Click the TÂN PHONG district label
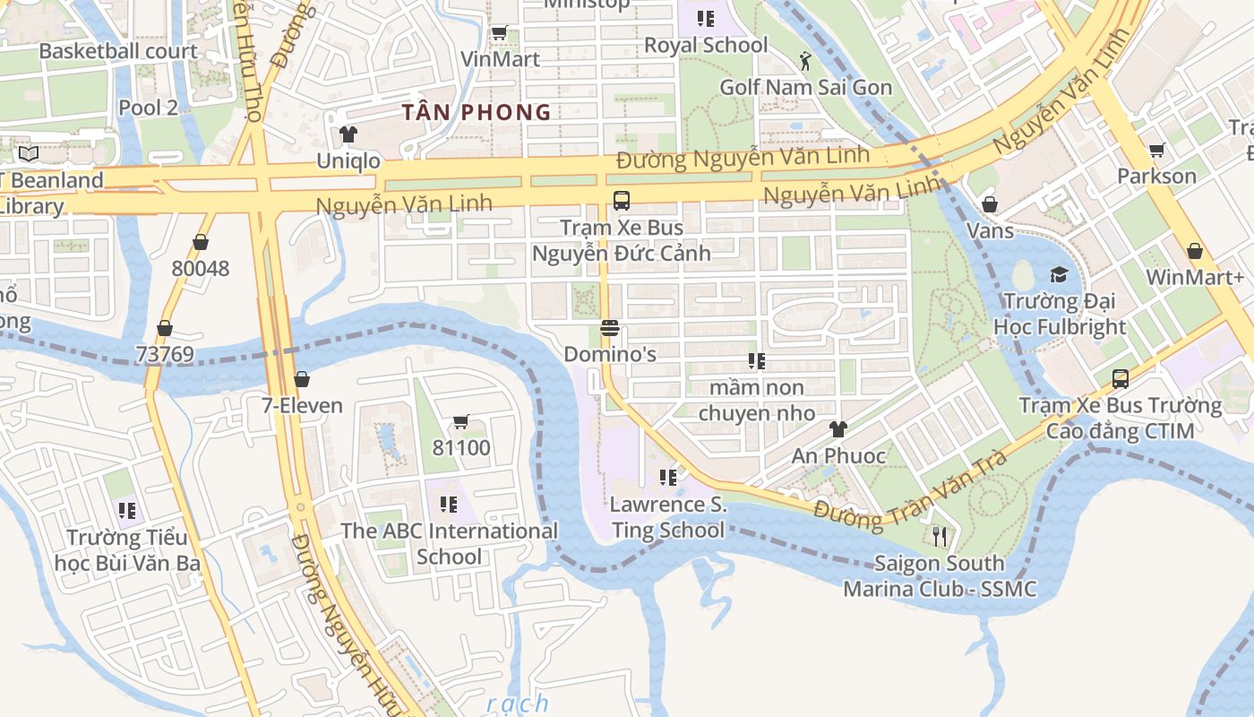click(x=477, y=112)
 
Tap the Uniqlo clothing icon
click(x=348, y=134)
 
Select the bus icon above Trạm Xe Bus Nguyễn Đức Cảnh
click(x=621, y=201)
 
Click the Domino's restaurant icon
click(x=610, y=328)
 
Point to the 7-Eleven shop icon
click(x=302, y=379)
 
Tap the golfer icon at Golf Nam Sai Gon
click(x=805, y=61)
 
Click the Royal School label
click(x=706, y=45)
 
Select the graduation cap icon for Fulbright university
click(x=1060, y=274)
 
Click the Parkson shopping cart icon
click(x=1156, y=150)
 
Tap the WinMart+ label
click(x=1195, y=277)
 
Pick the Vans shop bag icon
click(x=990, y=204)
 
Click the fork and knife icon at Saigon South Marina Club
click(x=939, y=536)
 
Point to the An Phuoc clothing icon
click(x=838, y=429)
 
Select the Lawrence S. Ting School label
click(x=668, y=518)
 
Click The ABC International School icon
click(x=449, y=505)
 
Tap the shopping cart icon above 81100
click(x=461, y=421)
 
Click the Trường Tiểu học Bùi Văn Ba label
click(x=127, y=550)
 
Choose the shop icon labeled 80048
click(x=201, y=242)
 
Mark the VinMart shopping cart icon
click(x=500, y=33)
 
